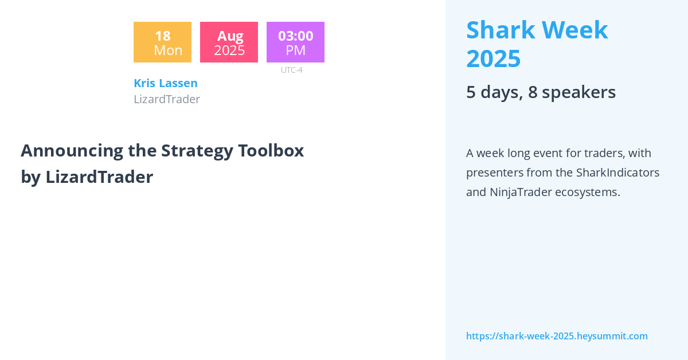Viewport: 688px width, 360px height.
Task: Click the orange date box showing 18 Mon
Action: coord(162,42)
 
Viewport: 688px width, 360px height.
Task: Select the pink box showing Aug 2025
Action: coord(229,42)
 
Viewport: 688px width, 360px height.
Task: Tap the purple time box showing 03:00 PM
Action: coord(295,42)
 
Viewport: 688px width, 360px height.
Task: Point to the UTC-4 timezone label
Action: coord(291,70)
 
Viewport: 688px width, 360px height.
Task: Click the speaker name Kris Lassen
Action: coord(165,83)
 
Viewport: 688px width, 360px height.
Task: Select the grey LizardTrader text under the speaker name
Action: coord(167,99)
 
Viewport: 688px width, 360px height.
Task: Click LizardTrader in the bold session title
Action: coord(99,177)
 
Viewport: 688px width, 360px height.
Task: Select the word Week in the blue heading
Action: coord(578,30)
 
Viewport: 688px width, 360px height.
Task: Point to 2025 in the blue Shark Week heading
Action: coord(493,58)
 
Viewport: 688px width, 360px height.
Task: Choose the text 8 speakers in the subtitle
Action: coord(572,92)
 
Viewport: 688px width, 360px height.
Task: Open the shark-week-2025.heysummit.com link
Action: coord(557,336)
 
